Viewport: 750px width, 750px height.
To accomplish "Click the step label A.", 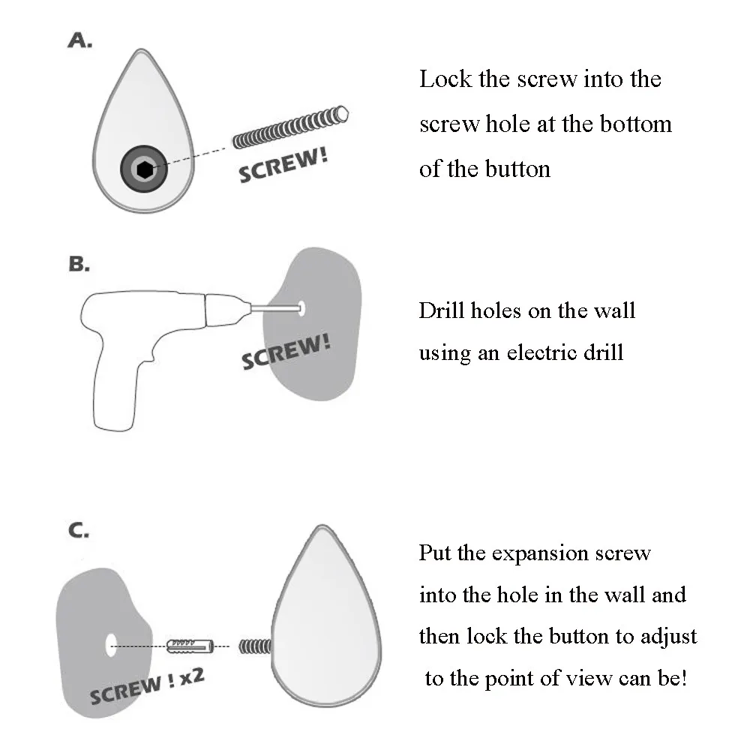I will point(79,40).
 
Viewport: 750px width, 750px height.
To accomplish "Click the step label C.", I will point(79,532).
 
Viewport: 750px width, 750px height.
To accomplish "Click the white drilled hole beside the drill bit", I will point(301,307).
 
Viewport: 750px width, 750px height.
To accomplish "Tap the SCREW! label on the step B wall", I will point(286,351).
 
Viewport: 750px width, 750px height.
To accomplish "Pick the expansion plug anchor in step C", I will point(191,644).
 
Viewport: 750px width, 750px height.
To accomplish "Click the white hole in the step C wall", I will point(111,644).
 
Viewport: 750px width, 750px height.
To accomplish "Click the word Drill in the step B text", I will point(442,310).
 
